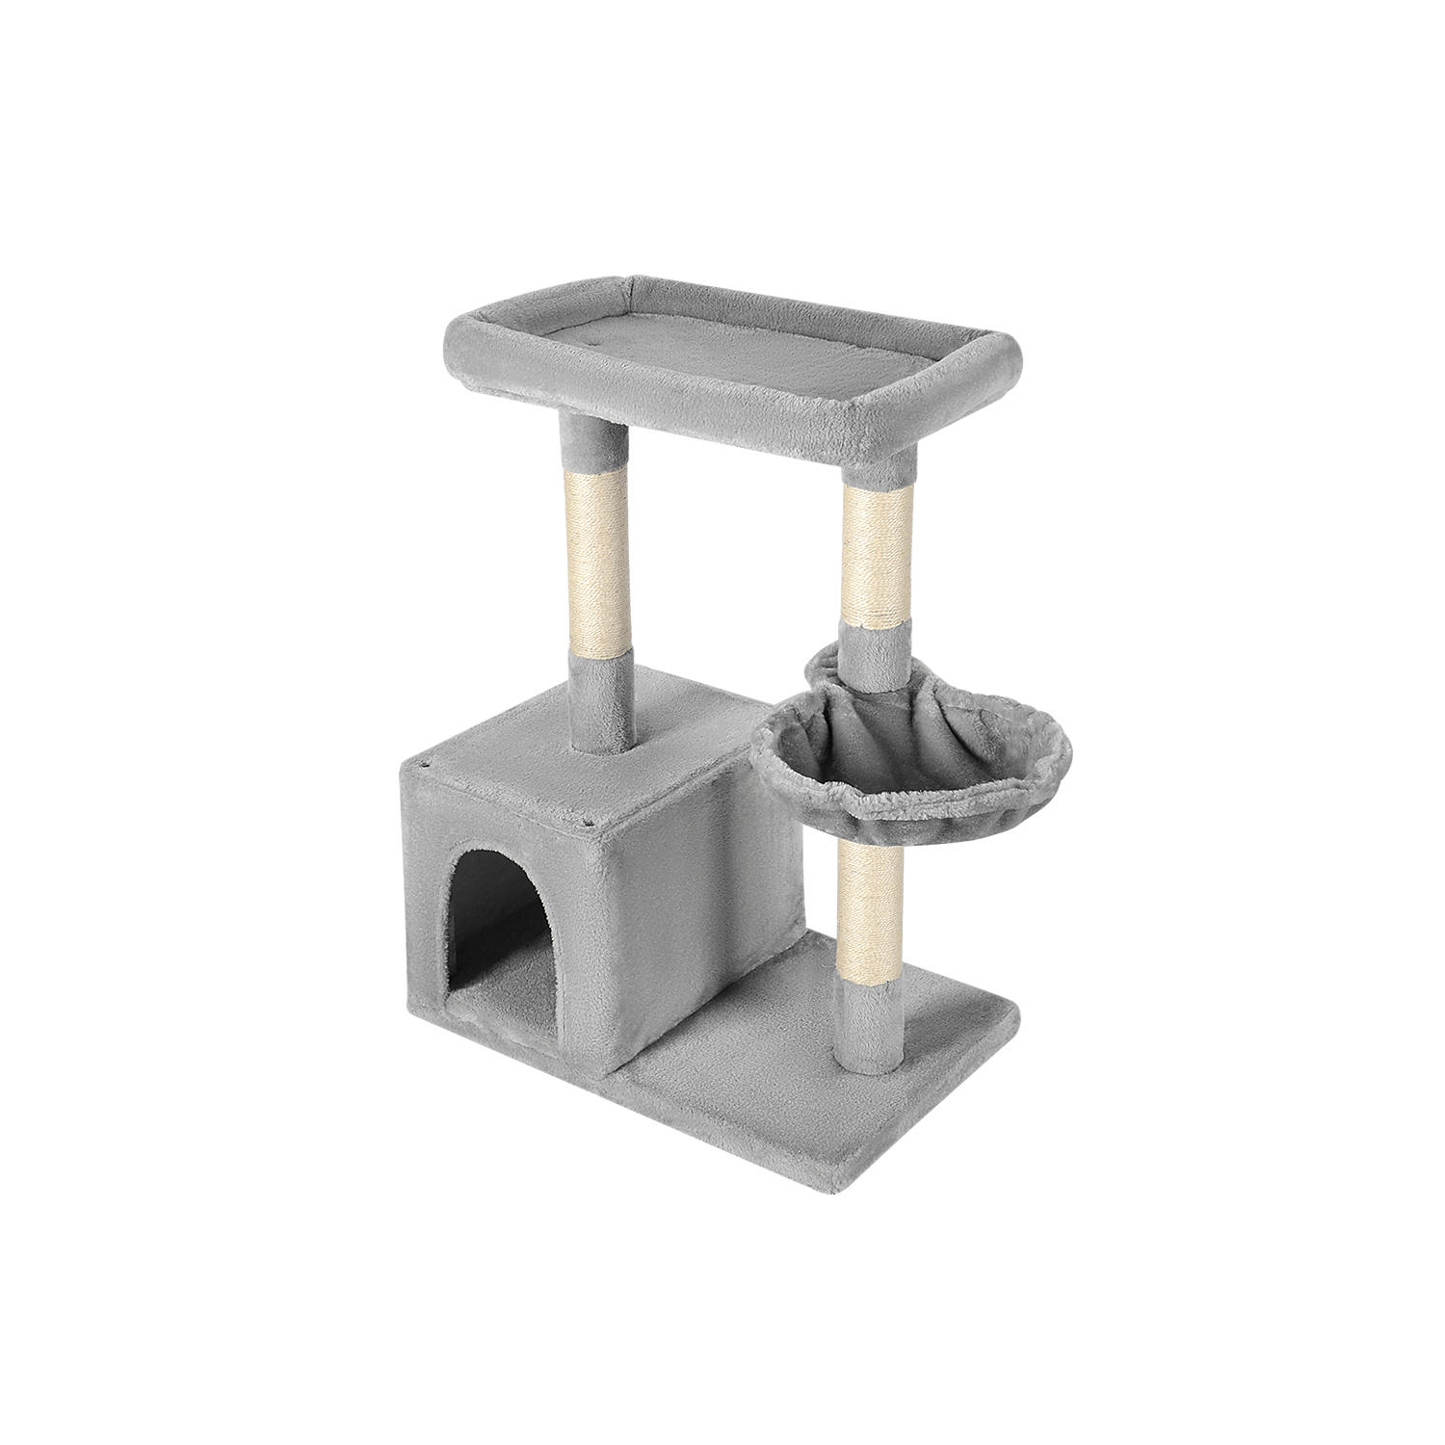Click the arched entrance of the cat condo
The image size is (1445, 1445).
[501, 881]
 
